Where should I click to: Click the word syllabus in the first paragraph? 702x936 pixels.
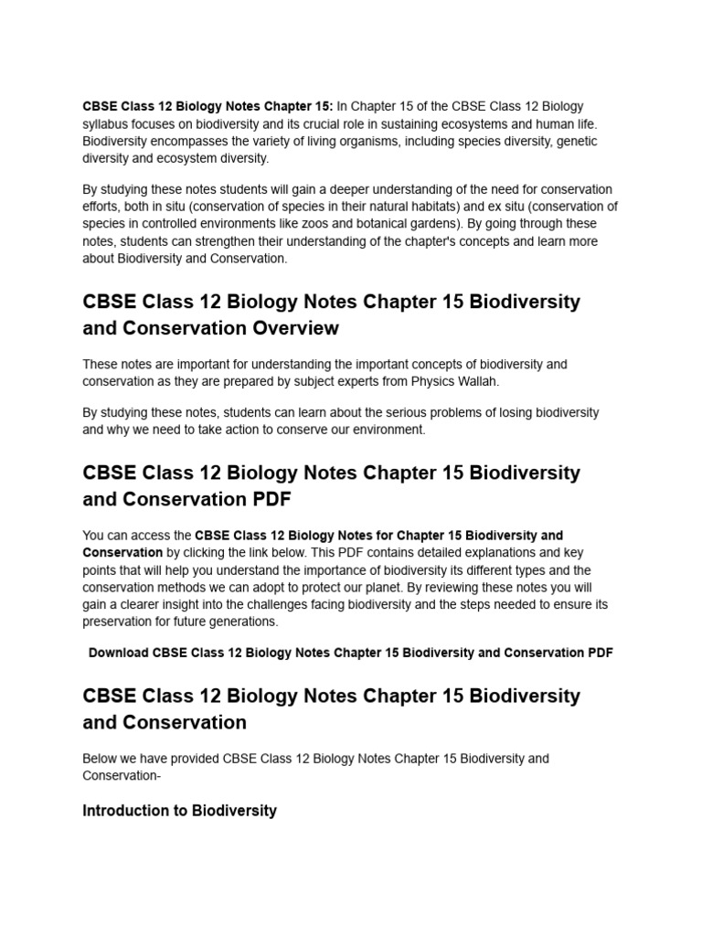point(106,123)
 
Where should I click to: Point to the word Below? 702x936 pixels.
point(101,759)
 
